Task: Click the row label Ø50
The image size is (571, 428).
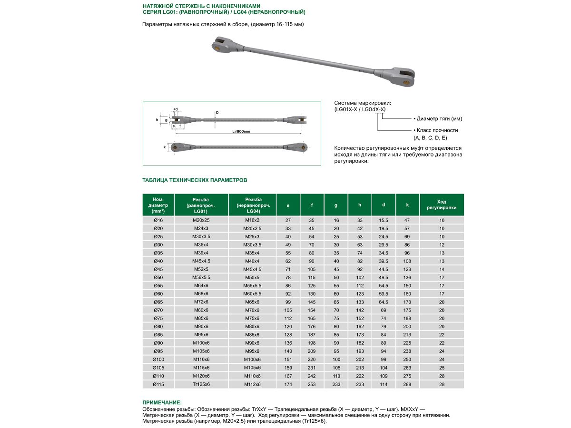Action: (158, 277)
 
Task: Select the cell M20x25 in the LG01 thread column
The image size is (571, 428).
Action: (201, 220)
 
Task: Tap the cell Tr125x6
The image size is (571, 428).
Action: (201, 384)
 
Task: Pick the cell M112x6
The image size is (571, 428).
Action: (252, 384)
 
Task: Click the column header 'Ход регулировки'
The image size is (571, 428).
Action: (441, 204)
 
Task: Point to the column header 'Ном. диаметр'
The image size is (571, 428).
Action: (158, 204)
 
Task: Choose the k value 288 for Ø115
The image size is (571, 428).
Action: (407, 384)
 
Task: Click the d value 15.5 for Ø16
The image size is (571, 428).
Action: (384, 220)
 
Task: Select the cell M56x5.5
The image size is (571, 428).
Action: (201, 277)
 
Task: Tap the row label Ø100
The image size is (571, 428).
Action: (158, 359)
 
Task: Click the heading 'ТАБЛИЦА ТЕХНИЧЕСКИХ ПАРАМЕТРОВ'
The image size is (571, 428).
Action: (195, 180)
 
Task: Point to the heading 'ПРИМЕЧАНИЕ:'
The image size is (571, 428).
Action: (162, 403)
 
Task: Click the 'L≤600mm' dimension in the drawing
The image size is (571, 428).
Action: (241, 131)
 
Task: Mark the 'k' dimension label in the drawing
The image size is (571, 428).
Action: (164, 147)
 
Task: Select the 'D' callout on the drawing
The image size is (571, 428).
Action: (217, 113)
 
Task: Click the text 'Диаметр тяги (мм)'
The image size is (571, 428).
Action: (438, 119)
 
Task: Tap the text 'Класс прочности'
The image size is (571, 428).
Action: (437, 130)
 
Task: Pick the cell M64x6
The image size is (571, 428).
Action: (201, 286)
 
